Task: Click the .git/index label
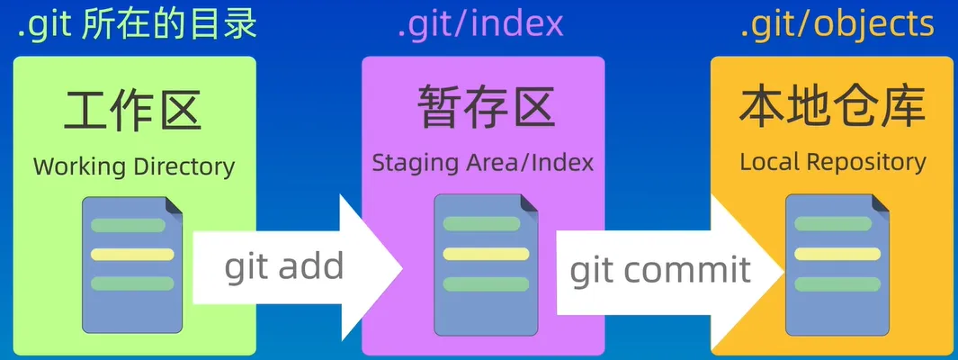pyautogui.click(x=480, y=25)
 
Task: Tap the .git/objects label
pyautogui.click(x=837, y=25)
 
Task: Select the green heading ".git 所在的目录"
pyautogui.click(x=138, y=25)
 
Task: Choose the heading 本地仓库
pyautogui.click(x=832, y=108)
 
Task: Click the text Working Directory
pyautogui.click(x=134, y=166)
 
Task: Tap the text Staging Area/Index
pyautogui.click(x=483, y=163)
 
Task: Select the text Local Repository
pyautogui.click(x=833, y=163)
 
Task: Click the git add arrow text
pyautogui.click(x=283, y=266)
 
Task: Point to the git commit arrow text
pyautogui.click(x=660, y=268)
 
